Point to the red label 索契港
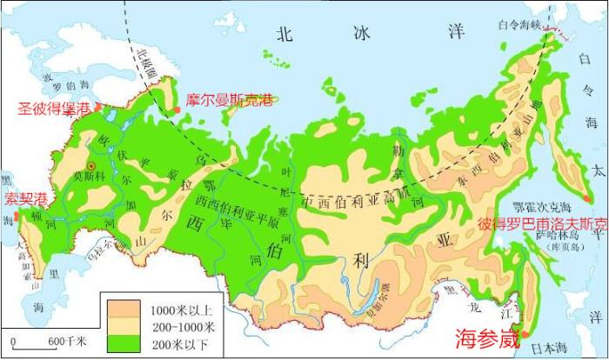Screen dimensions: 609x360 tap(26, 199)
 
